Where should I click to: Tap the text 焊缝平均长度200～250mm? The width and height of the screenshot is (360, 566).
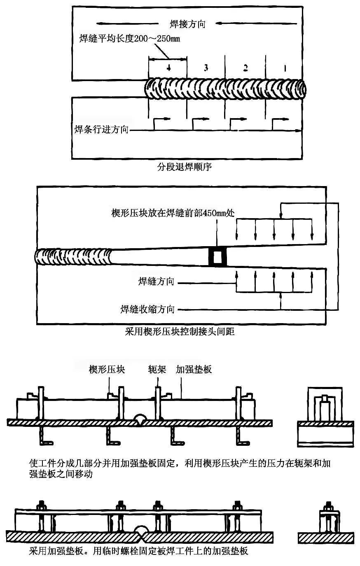click(x=130, y=39)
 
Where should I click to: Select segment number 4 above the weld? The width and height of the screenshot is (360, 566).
click(x=168, y=68)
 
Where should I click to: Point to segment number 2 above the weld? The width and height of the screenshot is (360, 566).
click(x=245, y=67)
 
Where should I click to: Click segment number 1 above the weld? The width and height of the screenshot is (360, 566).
click(x=285, y=67)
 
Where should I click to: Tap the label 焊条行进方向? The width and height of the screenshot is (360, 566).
click(x=101, y=130)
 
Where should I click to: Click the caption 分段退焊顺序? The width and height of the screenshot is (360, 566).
click(x=184, y=167)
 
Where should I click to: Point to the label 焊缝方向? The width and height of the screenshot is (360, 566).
click(x=157, y=282)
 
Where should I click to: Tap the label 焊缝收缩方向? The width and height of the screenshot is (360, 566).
click(x=147, y=309)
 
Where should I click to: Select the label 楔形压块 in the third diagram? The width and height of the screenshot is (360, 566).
click(x=107, y=369)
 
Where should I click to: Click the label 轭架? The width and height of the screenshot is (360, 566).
click(x=157, y=369)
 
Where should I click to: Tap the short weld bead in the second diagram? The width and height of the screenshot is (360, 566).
click(x=74, y=257)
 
